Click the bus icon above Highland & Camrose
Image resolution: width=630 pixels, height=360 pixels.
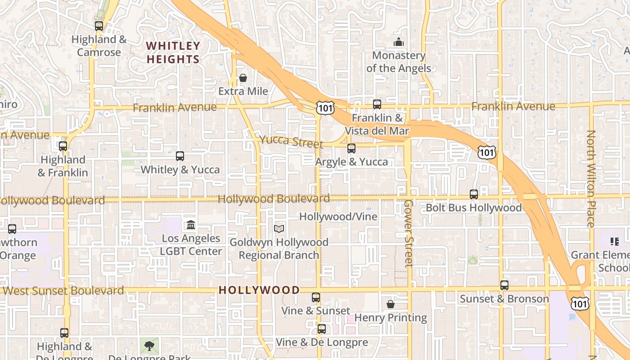(x=99, y=26)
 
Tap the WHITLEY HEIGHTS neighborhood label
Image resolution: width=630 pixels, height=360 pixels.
(x=173, y=53)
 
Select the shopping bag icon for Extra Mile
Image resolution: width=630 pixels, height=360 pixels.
(x=243, y=78)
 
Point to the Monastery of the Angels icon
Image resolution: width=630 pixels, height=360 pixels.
(x=399, y=42)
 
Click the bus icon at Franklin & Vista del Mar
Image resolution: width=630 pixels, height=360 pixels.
(x=377, y=104)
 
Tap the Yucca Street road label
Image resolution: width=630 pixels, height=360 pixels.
(x=291, y=141)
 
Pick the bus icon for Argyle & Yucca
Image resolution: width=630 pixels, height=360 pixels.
(x=351, y=148)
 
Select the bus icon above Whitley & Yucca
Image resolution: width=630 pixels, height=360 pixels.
(x=180, y=156)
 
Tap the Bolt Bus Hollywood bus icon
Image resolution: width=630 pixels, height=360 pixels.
(x=474, y=194)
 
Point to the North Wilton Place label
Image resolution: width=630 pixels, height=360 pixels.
(x=591, y=179)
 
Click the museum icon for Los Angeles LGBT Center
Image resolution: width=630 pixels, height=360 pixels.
(x=191, y=225)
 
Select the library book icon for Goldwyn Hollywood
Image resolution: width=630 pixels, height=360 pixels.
(x=279, y=229)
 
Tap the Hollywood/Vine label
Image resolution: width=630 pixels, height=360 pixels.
(x=338, y=216)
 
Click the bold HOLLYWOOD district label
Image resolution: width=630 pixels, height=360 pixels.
(x=259, y=290)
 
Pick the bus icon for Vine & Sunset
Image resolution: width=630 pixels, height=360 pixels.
(x=316, y=297)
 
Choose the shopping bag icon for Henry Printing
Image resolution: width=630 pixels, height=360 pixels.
(x=391, y=304)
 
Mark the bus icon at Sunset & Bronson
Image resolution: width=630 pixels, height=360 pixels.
(x=504, y=285)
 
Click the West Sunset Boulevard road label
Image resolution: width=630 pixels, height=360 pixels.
(x=63, y=291)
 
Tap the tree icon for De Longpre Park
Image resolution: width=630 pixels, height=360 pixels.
(x=149, y=346)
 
